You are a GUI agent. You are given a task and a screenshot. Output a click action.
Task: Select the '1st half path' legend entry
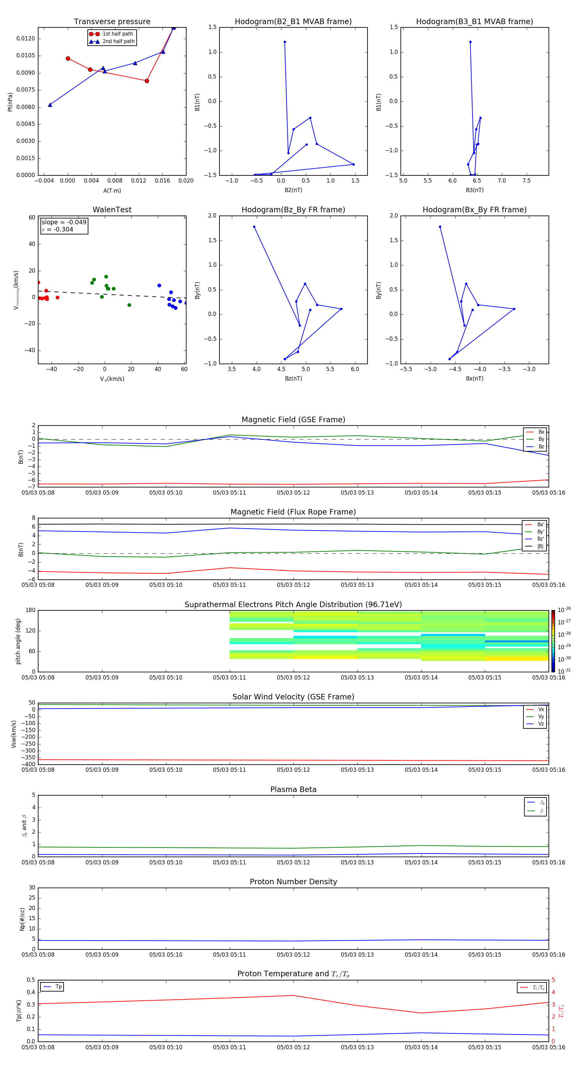(x=117, y=34)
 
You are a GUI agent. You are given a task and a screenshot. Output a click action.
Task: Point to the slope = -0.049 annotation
(x=64, y=222)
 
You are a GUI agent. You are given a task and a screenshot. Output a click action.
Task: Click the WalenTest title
(x=112, y=210)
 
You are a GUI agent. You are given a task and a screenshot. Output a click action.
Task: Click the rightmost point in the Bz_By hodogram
(x=341, y=309)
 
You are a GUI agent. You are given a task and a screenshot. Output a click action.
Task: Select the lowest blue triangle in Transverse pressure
(x=50, y=105)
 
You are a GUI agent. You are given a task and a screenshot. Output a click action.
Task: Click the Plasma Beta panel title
(x=293, y=789)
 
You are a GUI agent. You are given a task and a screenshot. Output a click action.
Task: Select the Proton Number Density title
(x=293, y=882)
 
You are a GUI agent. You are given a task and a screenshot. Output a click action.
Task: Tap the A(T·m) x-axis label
(x=112, y=191)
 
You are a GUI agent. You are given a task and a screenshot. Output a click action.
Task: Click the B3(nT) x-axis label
(x=474, y=190)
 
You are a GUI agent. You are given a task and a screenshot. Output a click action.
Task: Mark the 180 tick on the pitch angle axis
(x=31, y=610)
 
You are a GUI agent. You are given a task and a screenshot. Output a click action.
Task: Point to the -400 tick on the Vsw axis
(x=28, y=764)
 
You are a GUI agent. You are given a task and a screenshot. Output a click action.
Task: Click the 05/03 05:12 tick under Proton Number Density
(x=293, y=955)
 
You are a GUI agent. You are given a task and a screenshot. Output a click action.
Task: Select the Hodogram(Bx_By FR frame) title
(x=474, y=210)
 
